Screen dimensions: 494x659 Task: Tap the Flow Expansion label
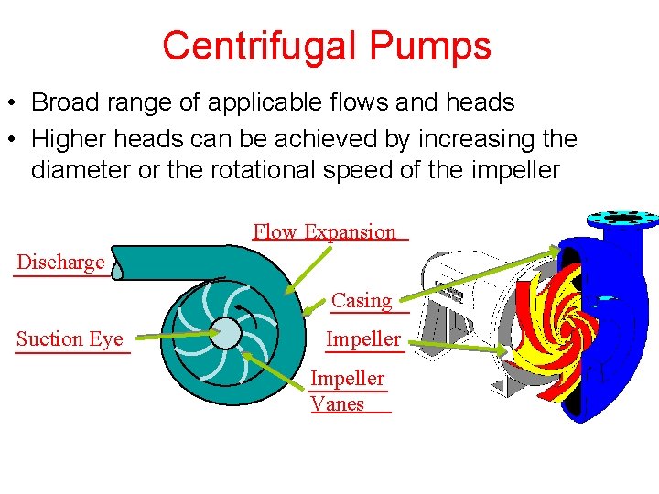tap(325, 232)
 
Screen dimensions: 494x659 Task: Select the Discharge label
tap(60, 263)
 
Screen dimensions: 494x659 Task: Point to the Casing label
tap(362, 300)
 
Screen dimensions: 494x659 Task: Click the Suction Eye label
tap(70, 339)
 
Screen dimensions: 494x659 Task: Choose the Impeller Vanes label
tap(347, 391)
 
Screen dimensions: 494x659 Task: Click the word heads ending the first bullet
tap(481, 103)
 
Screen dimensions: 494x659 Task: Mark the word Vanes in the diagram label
tap(338, 404)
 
